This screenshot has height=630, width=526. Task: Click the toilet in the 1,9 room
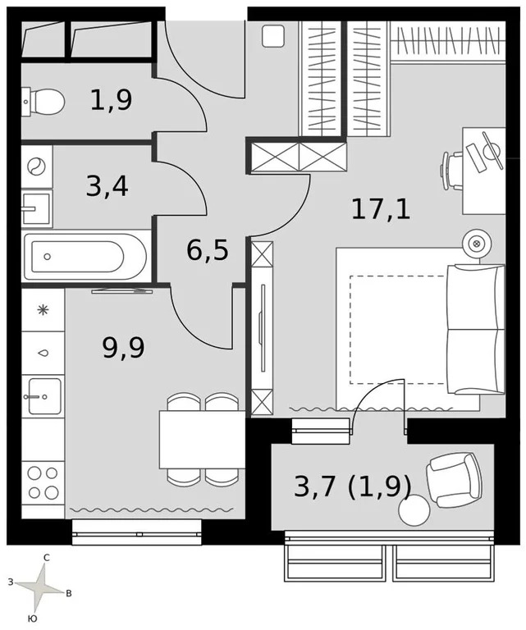tap(46, 102)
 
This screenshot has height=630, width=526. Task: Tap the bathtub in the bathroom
tap(85, 256)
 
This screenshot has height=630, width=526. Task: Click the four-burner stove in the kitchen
tap(43, 482)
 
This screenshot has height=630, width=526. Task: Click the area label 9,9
tap(123, 348)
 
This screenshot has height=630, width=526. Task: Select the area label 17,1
tap(381, 208)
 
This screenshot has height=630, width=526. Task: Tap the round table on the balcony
tap(414, 509)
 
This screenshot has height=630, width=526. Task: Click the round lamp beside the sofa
tap(476, 244)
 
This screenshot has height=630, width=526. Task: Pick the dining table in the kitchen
tap(200, 439)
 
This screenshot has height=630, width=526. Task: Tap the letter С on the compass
tap(47, 558)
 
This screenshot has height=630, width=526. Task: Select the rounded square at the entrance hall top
tap(273, 35)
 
